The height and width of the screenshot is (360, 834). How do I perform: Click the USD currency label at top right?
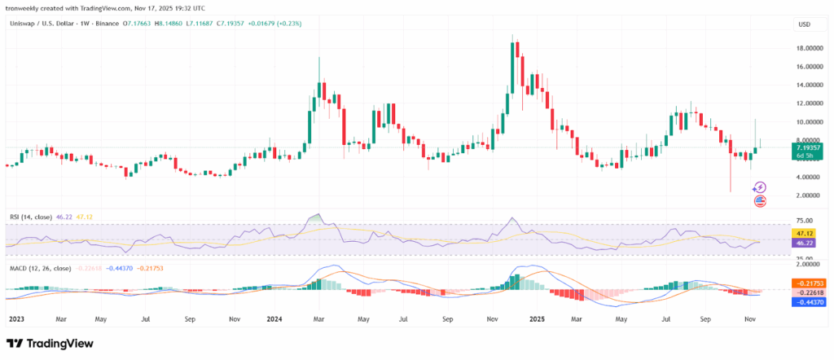[804, 24]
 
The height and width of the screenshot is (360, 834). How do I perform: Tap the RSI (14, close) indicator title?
[30, 217]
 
